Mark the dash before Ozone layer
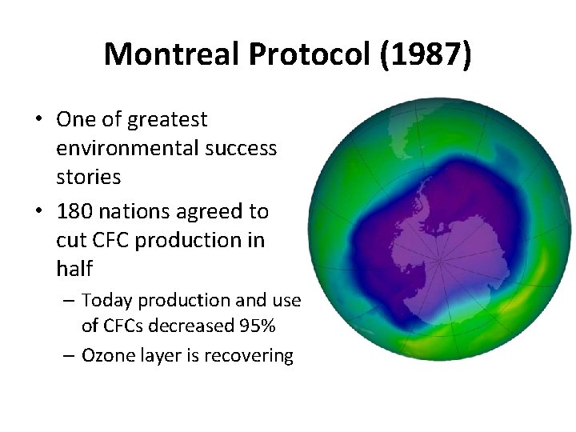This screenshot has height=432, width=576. tap(69, 355)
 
